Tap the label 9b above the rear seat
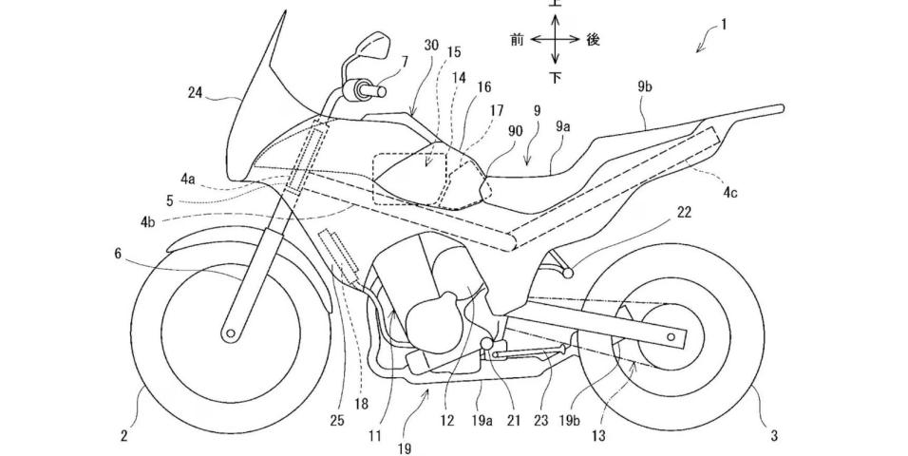(x=646, y=87)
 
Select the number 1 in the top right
(x=723, y=27)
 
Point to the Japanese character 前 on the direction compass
(x=518, y=40)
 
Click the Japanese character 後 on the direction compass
(x=594, y=40)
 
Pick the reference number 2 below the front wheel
(x=124, y=436)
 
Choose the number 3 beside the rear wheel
(x=774, y=436)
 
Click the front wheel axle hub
(x=230, y=333)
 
